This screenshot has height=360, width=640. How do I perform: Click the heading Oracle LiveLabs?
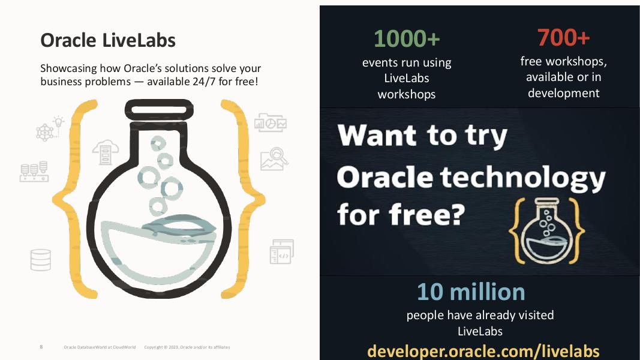tap(108, 40)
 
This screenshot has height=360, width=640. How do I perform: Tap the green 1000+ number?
tap(407, 38)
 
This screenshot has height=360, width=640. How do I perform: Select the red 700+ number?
tap(563, 37)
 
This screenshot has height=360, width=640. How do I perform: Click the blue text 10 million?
tap(471, 292)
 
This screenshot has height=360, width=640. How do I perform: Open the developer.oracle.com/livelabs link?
tap(483, 350)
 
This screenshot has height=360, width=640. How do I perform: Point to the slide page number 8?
tap(41, 347)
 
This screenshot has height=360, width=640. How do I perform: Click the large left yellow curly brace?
tap(75, 198)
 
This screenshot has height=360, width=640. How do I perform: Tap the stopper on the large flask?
tap(159, 110)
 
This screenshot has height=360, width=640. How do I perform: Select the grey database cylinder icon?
tap(41, 260)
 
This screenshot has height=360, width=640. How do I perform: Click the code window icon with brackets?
tap(281, 253)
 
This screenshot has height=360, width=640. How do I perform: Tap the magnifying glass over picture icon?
tap(274, 159)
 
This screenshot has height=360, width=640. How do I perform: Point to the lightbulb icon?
tap(58, 122)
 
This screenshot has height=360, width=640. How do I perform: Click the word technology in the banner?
tap(522, 178)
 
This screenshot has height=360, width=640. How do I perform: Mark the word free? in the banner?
tap(431, 214)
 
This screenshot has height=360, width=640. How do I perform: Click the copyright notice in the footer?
tap(187, 347)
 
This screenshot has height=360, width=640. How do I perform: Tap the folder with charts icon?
tap(271, 122)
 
